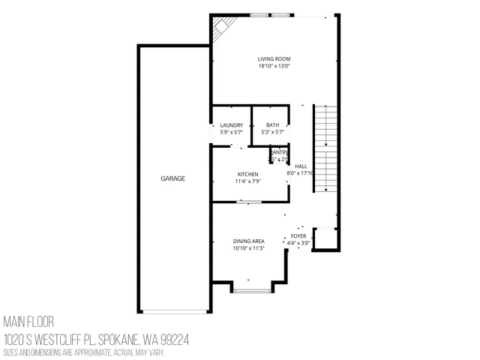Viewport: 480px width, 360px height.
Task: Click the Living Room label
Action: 274,59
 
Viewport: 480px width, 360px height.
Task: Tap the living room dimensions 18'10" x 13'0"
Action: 274,66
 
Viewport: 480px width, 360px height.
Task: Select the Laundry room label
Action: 231,125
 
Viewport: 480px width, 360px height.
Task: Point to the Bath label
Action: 272,125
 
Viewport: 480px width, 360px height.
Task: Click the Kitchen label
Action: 248,174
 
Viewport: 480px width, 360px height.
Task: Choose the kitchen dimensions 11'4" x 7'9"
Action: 248,181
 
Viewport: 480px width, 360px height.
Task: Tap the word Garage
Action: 172,178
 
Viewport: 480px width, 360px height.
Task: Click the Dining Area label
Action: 248,241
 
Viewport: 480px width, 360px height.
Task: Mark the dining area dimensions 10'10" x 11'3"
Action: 248,247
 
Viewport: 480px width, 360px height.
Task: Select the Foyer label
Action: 298,236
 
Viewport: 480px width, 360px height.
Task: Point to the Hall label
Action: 301,166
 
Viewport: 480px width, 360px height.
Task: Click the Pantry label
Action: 279,152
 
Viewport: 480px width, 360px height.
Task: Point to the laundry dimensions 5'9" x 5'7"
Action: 231,132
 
